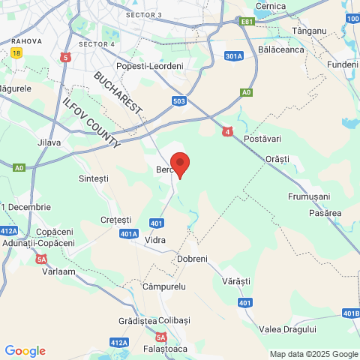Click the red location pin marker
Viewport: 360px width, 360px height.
tap(180, 163)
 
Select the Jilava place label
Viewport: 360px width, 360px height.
tap(49, 141)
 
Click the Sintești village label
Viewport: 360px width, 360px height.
tap(94, 178)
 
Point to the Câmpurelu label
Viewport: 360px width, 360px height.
tap(163, 287)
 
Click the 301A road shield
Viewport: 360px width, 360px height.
tap(234, 55)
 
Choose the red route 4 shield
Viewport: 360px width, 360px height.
tap(227, 131)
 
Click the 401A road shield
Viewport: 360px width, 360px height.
tap(129, 234)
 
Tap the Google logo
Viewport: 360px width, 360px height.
tap(25, 351)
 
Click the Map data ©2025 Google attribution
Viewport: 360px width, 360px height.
tap(314, 354)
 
